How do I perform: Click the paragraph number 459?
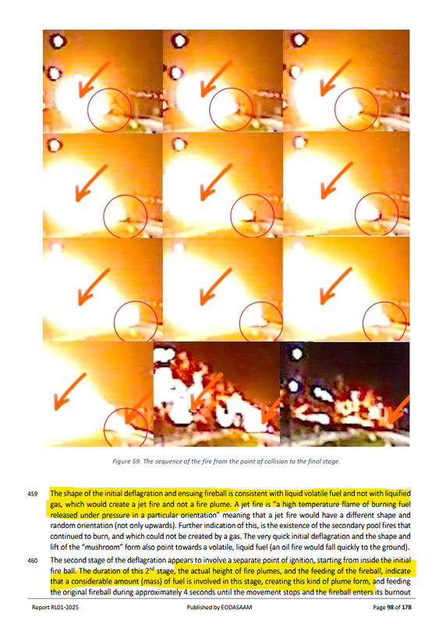[32, 494]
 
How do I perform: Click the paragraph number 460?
[32, 561]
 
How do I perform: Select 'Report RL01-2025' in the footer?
[52, 608]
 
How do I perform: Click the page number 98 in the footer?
[391, 608]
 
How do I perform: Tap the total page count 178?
[406, 608]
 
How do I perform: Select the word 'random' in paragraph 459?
[61, 526]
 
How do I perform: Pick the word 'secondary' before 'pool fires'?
[347, 526]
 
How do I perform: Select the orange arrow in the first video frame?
[95, 79]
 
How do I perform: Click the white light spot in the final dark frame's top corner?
[297, 353]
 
